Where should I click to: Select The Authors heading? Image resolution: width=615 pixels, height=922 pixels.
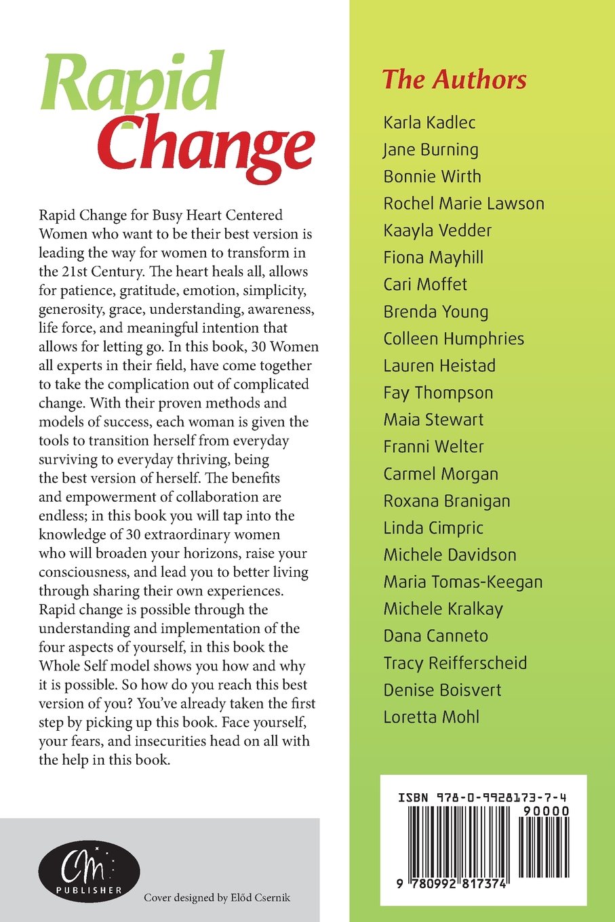point(454,79)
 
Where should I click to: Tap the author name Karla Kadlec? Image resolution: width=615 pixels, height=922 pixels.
point(429,123)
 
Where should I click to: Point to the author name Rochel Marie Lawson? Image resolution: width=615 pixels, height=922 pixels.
point(464,203)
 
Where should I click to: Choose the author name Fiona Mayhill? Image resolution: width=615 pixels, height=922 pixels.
point(433,258)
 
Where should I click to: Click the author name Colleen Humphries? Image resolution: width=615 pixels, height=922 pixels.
point(454,338)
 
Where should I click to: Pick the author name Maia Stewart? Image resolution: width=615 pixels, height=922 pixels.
point(433,420)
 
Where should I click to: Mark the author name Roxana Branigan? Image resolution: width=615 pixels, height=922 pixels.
point(447,501)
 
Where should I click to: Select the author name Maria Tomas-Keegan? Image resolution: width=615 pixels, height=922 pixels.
point(463,582)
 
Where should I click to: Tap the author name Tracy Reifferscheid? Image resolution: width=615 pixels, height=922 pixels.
point(455,663)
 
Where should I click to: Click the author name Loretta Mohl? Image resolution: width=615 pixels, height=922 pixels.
point(431,717)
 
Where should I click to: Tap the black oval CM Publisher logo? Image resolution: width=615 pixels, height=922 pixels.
point(89,870)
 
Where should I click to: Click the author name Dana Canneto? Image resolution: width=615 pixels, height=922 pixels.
point(435,636)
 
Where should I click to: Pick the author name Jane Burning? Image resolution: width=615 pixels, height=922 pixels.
point(431,150)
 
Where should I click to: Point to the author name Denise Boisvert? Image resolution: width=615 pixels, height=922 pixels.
point(442,690)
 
